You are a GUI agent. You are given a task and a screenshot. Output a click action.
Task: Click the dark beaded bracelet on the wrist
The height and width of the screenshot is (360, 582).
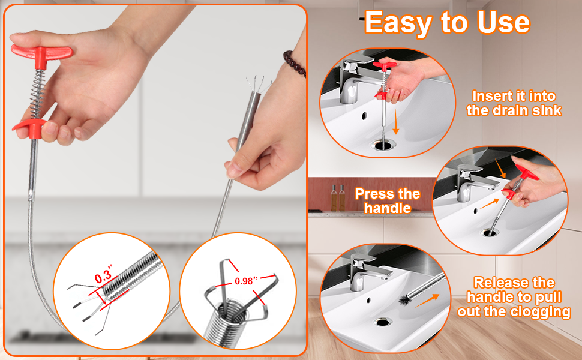[295, 64]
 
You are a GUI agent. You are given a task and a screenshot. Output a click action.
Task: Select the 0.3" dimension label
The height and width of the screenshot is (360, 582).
[103, 275]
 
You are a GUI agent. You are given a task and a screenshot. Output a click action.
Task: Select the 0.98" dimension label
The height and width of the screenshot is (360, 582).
[247, 281]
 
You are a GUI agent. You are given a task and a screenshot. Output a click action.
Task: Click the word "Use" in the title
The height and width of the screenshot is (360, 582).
[503, 22]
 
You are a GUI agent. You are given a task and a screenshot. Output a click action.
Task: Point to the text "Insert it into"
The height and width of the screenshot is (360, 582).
[514, 96]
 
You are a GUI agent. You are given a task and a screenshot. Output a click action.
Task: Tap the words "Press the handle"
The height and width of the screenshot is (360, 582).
[388, 201]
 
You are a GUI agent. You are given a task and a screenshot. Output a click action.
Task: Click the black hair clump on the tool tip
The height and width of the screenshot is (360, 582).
[406, 299]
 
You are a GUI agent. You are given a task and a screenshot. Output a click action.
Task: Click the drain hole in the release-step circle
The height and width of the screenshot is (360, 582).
[382, 322]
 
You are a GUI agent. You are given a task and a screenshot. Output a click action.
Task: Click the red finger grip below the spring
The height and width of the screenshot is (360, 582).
[29, 128]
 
